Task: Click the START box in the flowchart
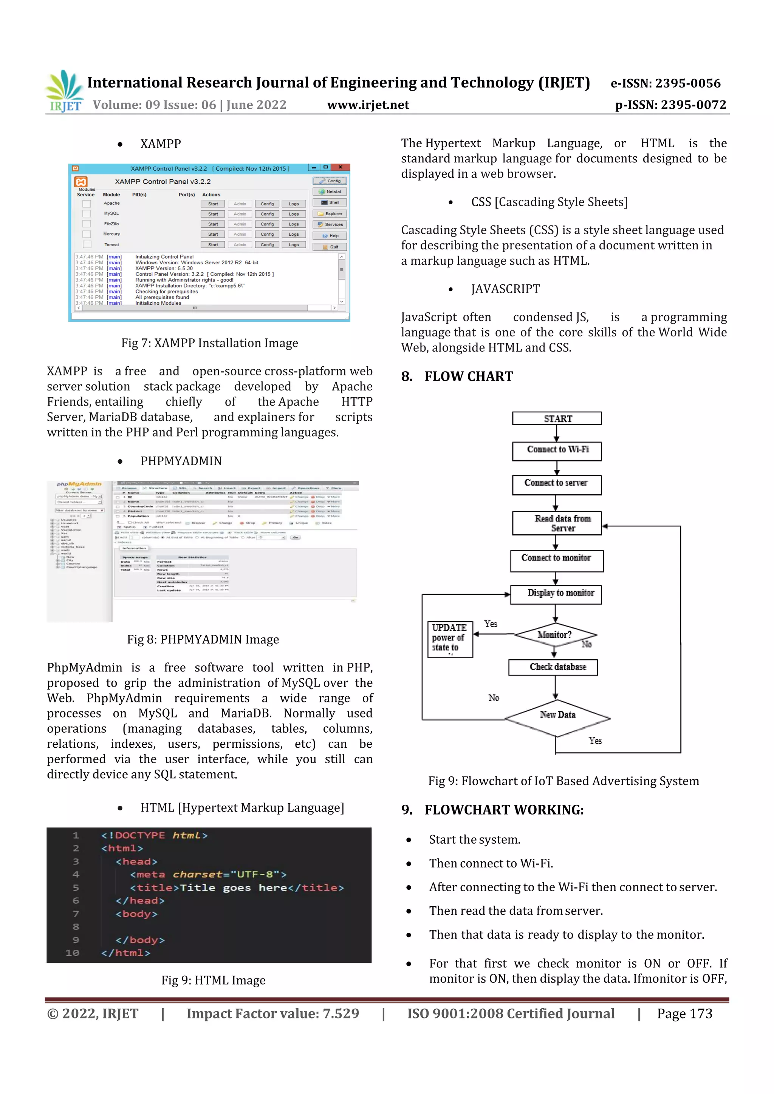[557, 418]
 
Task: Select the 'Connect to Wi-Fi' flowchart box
[557, 450]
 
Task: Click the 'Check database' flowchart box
[553, 667]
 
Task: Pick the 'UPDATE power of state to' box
[450, 639]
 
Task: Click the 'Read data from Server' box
[557, 523]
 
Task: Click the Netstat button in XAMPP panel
[330, 191]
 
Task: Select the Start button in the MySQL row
[213, 214]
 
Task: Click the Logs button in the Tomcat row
[294, 245]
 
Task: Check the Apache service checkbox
[87, 204]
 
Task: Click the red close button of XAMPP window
[341, 168]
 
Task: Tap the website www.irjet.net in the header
[368, 105]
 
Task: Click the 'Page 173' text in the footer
[684, 1014]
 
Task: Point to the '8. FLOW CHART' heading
[457, 376]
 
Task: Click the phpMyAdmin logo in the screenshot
[79, 484]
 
